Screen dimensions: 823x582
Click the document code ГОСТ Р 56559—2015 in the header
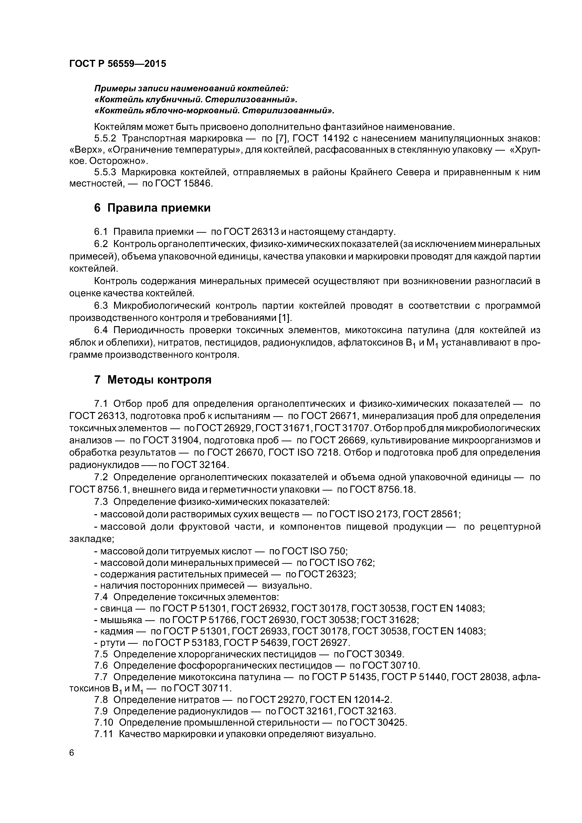click(x=118, y=64)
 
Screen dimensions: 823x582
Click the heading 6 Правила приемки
click(x=152, y=208)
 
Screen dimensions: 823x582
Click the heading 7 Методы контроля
click(x=152, y=380)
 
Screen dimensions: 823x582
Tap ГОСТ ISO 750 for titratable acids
click(x=316, y=551)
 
